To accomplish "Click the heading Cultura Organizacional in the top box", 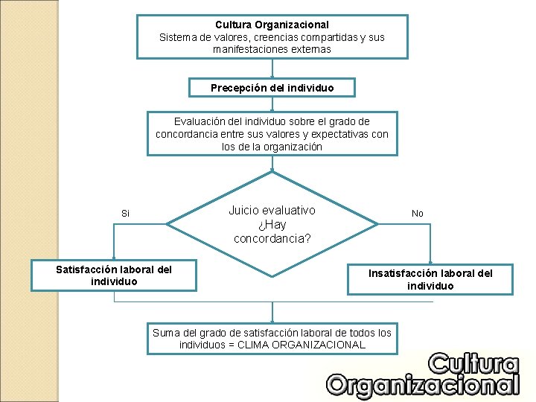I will click(272, 25).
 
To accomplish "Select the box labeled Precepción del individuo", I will click(272, 88).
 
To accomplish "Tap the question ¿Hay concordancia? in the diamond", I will click(272, 232).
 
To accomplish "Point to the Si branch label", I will click(125, 214).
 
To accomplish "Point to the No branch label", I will click(418, 214).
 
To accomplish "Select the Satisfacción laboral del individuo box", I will click(114, 275).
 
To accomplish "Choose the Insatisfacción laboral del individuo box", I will click(430, 279).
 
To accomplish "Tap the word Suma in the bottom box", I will click(166, 333).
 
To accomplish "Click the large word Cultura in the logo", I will click(473, 364).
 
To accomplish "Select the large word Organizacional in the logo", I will click(423, 385).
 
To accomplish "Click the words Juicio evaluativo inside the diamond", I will click(272, 211).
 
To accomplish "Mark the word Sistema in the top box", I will click(178, 37).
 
